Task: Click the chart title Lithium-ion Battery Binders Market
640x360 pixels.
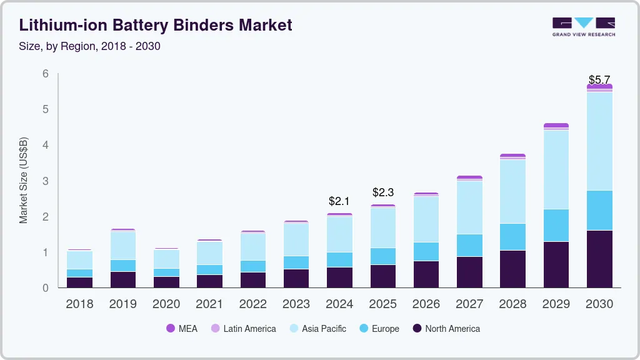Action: pos(156,26)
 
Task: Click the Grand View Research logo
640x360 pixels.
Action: pos(583,27)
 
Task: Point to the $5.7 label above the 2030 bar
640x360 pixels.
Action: pos(599,80)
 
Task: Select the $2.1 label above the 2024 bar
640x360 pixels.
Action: pos(339,201)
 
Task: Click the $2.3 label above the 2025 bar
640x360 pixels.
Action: pos(382,192)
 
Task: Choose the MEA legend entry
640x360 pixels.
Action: pos(182,328)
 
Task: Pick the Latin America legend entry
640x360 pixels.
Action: pos(243,328)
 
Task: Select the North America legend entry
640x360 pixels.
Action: pos(446,328)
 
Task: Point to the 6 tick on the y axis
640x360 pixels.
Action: pos(46,74)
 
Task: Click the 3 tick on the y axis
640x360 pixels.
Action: pos(46,181)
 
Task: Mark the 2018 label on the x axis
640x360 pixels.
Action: pos(79,304)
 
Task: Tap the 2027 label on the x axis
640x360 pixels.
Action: pos(469,304)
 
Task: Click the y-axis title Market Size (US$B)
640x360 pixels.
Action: pos(24,180)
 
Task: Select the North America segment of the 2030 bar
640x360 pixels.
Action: pos(599,259)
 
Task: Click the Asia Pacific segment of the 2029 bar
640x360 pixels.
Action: pos(556,169)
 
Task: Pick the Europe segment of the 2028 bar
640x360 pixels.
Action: pos(512,236)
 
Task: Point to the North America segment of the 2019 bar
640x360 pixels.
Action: pos(122,279)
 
